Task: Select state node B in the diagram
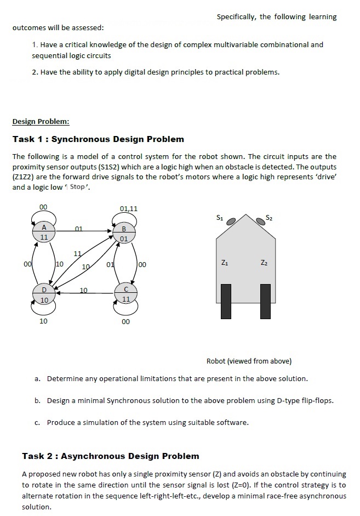coord(124,234)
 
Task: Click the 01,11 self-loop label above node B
coord(128,208)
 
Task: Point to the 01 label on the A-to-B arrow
coord(79,228)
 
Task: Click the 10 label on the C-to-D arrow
coord(83,289)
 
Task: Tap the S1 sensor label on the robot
coord(219,218)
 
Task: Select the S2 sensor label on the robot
coord(268,218)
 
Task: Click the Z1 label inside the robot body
coord(225,262)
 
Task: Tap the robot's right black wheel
coord(266,301)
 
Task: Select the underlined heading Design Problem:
coord(41,121)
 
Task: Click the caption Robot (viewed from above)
coord(249,361)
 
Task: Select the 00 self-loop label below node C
coord(125,321)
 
